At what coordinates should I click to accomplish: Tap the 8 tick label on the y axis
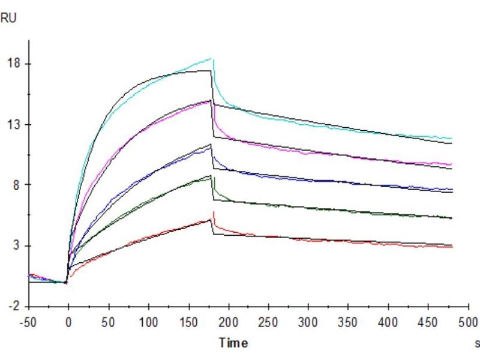point(16,185)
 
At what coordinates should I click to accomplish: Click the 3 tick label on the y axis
point(16,246)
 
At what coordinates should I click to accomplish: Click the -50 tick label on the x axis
point(28,320)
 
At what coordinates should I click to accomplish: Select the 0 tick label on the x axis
point(68,320)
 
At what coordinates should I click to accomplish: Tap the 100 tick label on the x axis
point(148,320)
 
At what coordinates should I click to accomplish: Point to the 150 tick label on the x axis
point(188,320)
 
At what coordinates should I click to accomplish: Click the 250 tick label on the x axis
point(268,320)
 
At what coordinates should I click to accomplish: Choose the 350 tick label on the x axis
point(349,320)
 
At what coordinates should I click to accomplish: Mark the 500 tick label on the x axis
point(468,320)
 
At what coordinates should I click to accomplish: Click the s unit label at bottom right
point(477,344)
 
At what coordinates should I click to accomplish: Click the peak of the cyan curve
point(212,58)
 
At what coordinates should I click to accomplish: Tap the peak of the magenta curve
point(211,100)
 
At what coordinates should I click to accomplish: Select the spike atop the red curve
point(214,212)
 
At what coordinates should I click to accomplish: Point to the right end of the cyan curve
point(451,139)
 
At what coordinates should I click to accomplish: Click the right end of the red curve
point(451,247)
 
